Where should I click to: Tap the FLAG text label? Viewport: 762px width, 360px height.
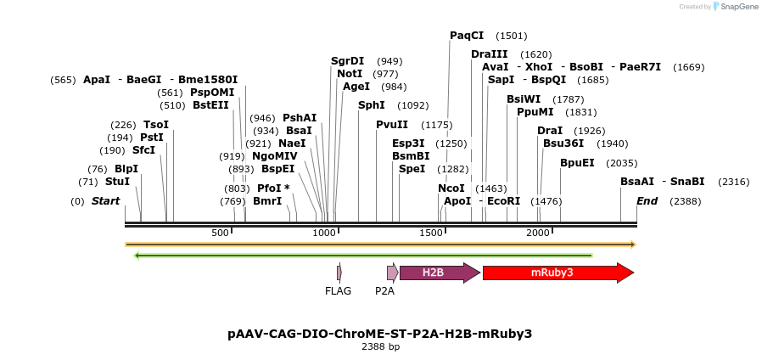pyautogui.click(x=338, y=291)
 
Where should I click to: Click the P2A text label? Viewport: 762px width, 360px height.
pyautogui.click(x=385, y=291)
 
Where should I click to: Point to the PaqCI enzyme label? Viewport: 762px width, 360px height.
pyautogui.click(x=467, y=36)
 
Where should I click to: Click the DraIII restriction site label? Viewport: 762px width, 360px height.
pyautogui.click(x=488, y=54)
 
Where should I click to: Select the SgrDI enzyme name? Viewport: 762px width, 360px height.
pyautogui.click(x=347, y=61)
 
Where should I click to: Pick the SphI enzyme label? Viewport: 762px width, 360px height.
pyautogui.click(x=371, y=105)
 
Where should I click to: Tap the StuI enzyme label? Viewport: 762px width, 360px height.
pyautogui.click(x=117, y=182)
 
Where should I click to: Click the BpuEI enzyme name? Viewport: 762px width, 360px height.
pyautogui.click(x=577, y=163)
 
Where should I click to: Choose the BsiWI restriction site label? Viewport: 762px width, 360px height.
pyautogui.click(x=524, y=99)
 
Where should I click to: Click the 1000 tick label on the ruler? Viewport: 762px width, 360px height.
pyautogui.click(x=325, y=233)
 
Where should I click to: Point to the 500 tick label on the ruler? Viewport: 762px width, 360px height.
pyautogui.click(x=221, y=233)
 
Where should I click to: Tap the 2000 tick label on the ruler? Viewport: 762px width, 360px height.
pyautogui.click(x=538, y=233)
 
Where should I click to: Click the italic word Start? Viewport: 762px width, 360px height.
pyautogui.click(x=105, y=201)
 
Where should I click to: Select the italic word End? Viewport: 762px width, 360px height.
pyautogui.click(x=647, y=201)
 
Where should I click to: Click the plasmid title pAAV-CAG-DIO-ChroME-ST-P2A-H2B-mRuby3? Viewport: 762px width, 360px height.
pyautogui.click(x=380, y=334)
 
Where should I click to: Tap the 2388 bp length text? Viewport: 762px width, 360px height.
pyautogui.click(x=380, y=346)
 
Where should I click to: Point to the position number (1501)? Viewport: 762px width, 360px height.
pyautogui.click(x=512, y=36)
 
